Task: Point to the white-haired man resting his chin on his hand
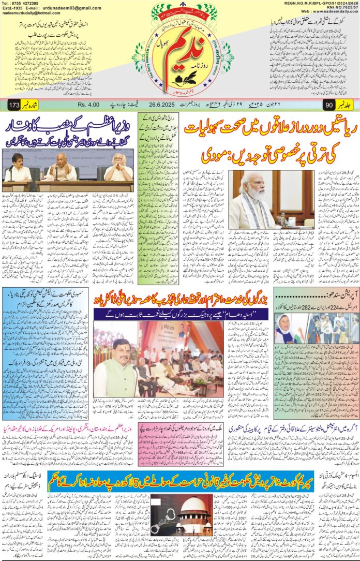tap(118, 169)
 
